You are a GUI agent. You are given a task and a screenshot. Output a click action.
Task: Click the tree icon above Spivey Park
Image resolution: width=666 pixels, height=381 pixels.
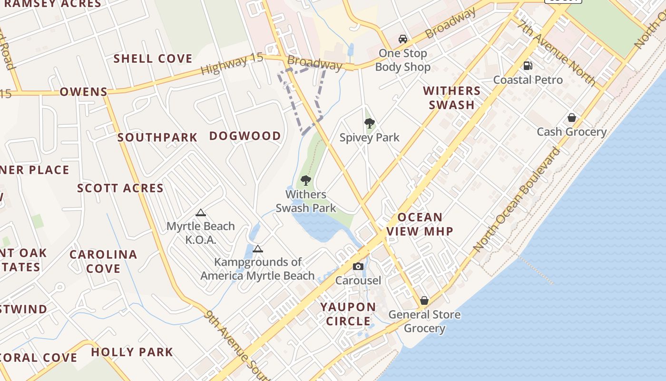coord(369,123)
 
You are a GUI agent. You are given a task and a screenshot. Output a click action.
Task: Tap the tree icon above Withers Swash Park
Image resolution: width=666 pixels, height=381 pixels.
coord(306,180)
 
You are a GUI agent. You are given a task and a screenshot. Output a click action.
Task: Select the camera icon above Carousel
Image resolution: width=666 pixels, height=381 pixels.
coord(358,267)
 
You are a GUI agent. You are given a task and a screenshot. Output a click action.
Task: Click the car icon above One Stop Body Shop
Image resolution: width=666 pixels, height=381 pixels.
coord(403,39)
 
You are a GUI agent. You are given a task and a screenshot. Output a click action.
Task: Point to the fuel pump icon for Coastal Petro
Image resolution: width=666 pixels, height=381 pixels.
coord(528,66)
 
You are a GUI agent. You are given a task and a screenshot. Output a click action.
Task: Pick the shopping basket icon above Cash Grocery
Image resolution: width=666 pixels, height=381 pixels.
coord(572,118)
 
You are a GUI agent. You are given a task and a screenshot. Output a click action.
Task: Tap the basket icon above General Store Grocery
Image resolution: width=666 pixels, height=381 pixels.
coord(424,301)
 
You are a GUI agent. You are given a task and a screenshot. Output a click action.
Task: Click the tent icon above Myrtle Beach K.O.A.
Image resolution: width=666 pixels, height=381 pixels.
coord(201,212)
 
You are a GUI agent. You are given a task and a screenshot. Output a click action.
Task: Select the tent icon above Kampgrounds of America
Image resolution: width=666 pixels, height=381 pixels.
coord(257,249)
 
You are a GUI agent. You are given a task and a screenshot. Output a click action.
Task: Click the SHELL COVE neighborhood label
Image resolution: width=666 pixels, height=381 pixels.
coord(153,59)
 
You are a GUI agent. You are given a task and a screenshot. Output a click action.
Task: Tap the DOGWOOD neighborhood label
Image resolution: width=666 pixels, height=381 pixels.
coord(245,136)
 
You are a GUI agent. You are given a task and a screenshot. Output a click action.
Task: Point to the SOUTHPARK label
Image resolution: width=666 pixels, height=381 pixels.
coord(157,138)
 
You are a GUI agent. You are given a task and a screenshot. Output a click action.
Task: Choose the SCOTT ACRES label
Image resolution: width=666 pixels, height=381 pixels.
coord(120,188)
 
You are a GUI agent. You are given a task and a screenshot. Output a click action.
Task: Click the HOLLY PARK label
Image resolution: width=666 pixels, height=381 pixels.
coord(132,352)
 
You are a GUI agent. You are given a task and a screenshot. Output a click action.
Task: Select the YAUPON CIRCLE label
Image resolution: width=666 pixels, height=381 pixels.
coord(348,314)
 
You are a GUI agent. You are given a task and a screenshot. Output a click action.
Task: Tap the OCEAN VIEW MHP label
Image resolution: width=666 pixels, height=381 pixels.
coord(420,224)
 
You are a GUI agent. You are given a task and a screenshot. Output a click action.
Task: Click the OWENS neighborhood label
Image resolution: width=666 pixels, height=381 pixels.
coord(84,91)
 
